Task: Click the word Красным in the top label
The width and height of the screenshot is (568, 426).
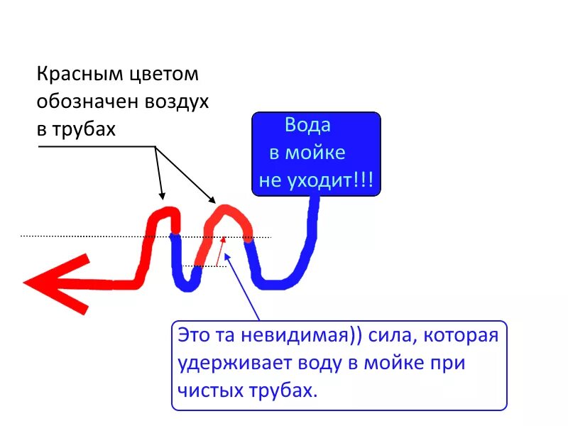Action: tap(80, 75)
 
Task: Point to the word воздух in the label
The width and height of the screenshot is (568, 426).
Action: tap(177, 102)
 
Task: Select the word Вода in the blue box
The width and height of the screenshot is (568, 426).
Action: tap(307, 126)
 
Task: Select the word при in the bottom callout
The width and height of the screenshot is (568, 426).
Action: tap(450, 363)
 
